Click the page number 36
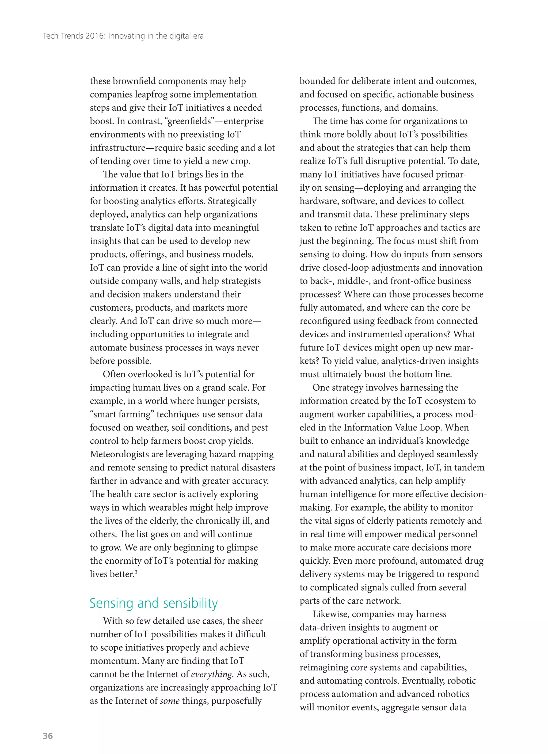pyautogui.click(x=48, y=736)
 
